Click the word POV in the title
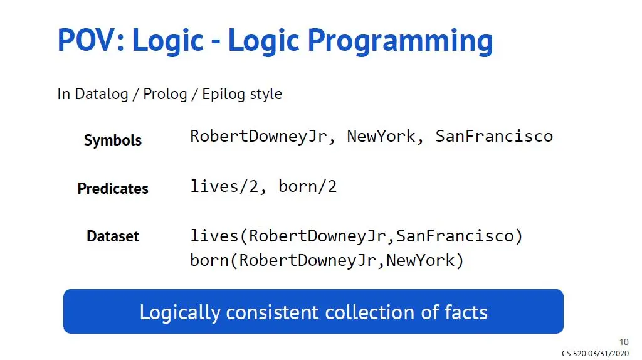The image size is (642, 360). (87, 40)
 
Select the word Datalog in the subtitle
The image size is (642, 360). (102, 94)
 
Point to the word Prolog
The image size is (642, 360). (165, 94)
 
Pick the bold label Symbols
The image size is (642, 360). (113, 140)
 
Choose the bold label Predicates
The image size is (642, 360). (113, 188)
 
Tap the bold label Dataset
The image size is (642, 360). (113, 236)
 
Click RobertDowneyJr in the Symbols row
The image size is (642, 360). (259, 137)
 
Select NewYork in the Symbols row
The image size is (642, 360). (381, 136)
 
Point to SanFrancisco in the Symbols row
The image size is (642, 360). (494, 136)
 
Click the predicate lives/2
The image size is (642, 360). (224, 187)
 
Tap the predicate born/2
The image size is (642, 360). (307, 187)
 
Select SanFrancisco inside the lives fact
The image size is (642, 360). (455, 236)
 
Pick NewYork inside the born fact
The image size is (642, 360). (420, 260)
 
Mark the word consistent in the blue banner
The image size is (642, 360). (272, 312)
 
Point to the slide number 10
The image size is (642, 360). (624, 342)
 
